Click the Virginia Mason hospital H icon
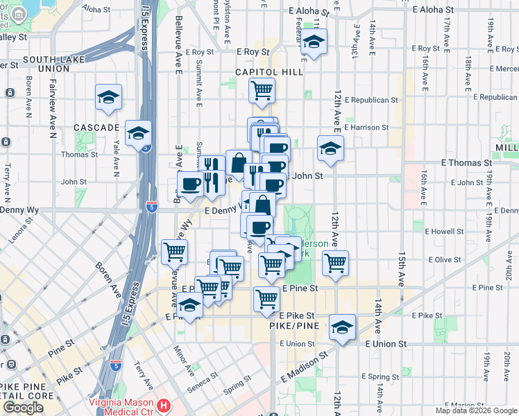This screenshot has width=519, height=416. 163,404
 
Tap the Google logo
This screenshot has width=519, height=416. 23,408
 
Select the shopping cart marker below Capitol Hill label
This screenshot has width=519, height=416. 262,89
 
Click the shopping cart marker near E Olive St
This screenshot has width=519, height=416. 335,263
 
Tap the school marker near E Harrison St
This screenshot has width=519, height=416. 330,147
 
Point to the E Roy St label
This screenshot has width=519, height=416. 252,52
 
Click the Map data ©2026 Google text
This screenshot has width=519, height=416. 476,410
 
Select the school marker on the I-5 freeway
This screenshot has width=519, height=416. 138,132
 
